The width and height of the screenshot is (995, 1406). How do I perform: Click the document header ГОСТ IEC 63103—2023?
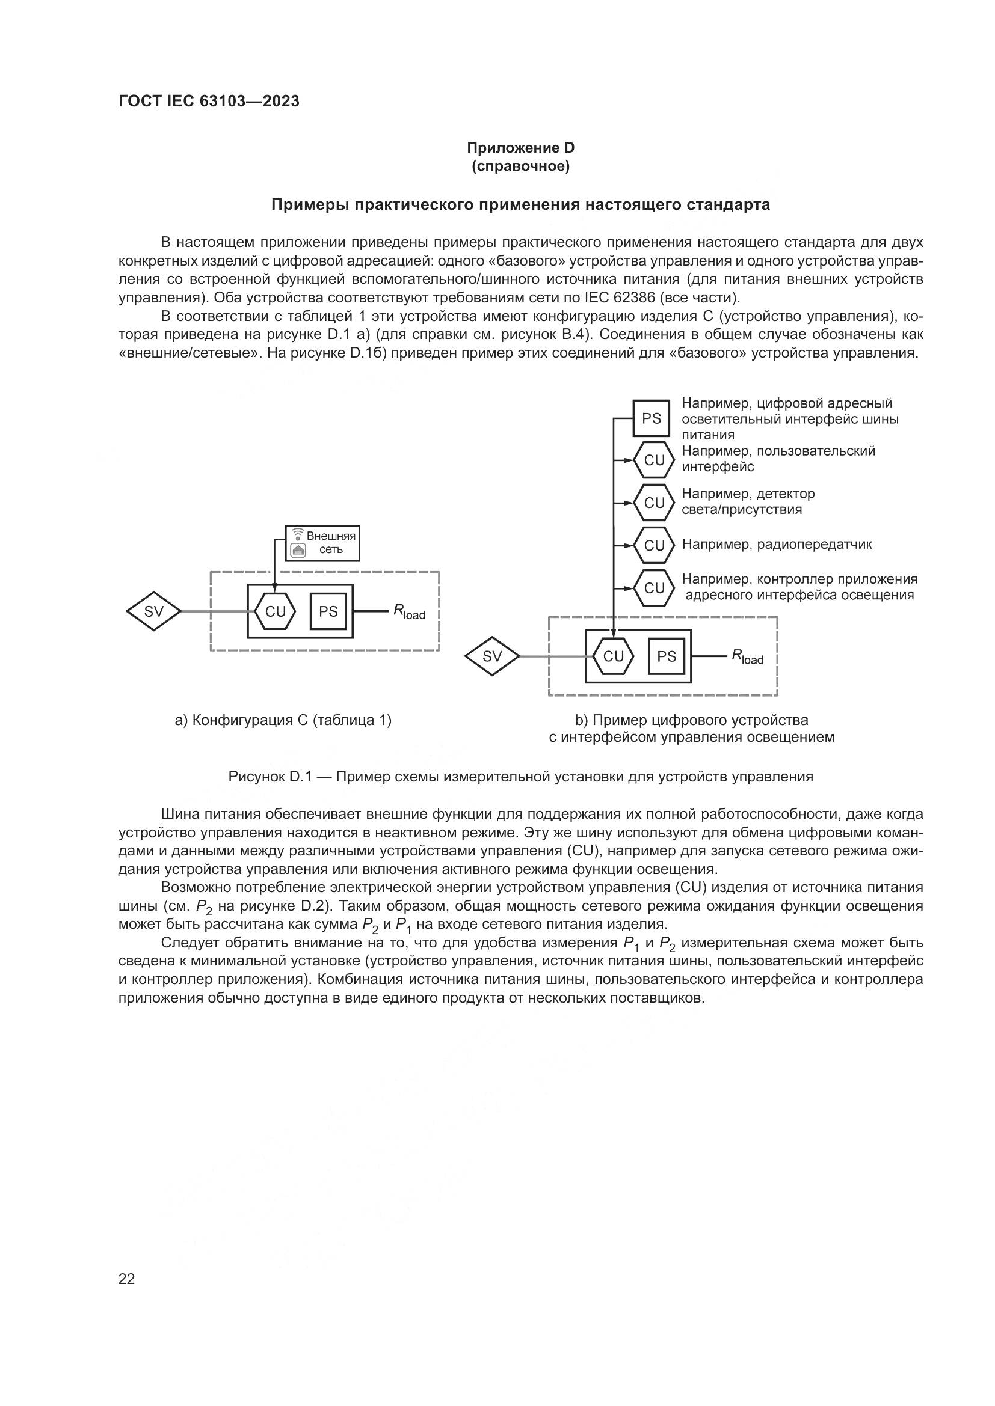pyautogui.click(x=209, y=102)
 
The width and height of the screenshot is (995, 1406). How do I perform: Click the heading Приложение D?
pyautogui.click(x=520, y=148)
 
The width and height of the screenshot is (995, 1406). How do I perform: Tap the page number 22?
pyautogui.click(x=126, y=1279)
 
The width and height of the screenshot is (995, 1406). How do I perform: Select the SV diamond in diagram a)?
pyautogui.click(x=154, y=611)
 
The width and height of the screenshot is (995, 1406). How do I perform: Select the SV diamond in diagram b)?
pyautogui.click(x=492, y=656)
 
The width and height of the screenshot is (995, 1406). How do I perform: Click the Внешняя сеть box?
pyautogui.click(x=322, y=543)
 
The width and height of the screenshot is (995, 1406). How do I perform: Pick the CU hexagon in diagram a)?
pyautogui.click(x=276, y=611)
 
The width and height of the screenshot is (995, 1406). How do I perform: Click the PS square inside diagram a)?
pyautogui.click(x=328, y=611)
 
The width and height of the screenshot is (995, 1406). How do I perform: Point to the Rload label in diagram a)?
pyautogui.click(x=409, y=612)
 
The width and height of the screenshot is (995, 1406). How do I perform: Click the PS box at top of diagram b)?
pyautogui.click(x=652, y=418)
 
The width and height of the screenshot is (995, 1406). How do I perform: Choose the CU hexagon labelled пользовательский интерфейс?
pyautogui.click(x=654, y=460)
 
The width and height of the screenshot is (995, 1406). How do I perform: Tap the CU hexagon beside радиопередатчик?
pyautogui.click(x=654, y=545)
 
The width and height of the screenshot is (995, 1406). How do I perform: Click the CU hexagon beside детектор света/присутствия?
pyautogui.click(x=654, y=503)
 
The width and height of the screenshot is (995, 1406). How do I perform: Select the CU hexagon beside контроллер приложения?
pyautogui.click(x=654, y=588)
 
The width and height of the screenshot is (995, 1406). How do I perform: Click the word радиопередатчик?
pyautogui.click(x=815, y=545)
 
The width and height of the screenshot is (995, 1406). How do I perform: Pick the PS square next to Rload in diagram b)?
pyautogui.click(x=667, y=656)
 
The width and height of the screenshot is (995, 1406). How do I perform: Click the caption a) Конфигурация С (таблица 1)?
pyautogui.click(x=283, y=720)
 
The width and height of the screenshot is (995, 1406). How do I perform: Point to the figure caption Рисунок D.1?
pyautogui.click(x=520, y=777)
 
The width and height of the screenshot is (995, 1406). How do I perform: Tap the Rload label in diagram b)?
pyautogui.click(x=748, y=657)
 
